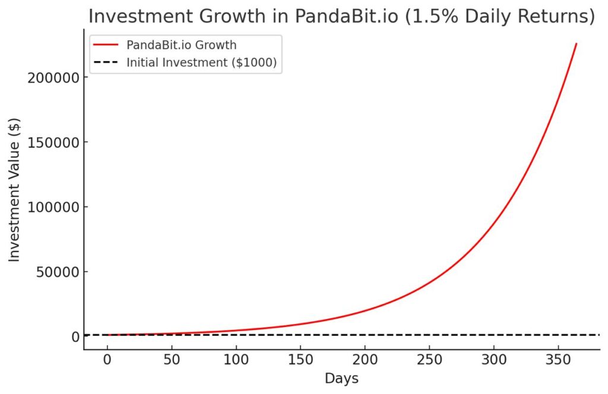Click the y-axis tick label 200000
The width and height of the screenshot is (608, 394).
(x=52, y=78)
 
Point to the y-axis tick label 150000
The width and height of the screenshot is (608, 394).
(x=52, y=142)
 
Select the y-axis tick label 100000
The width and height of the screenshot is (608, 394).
(x=52, y=207)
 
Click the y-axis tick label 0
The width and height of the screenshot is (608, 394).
(x=75, y=337)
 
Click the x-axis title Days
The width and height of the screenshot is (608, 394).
(x=341, y=379)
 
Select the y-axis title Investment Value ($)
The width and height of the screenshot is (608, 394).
(x=14, y=190)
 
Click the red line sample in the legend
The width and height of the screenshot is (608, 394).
(x=106, y=45)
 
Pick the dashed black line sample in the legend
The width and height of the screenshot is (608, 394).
(x=106, y=62)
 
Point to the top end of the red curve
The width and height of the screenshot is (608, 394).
(x=576, y=44)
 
